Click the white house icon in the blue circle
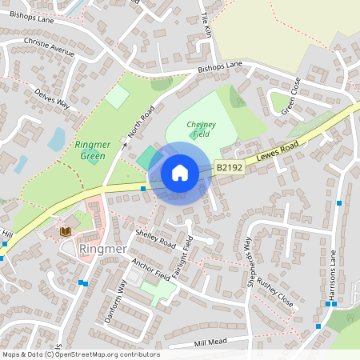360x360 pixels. click(x=180, y=172)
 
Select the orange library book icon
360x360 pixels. click(x=66, y=231)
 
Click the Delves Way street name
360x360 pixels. click(x=52, y=99)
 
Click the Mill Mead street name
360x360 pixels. click(x=211, y=342)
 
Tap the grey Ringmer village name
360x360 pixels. click(x=105, y=249)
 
